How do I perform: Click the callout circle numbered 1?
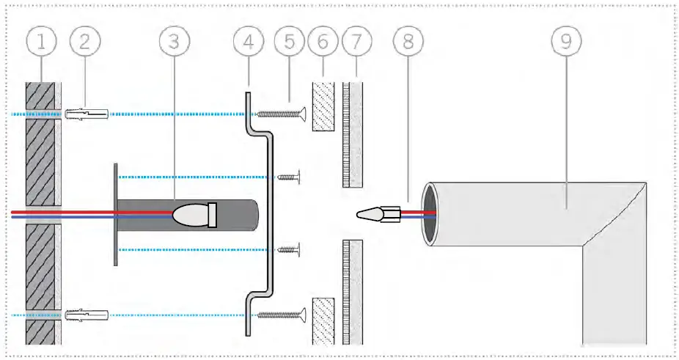tap(42, 42)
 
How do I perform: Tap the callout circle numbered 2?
tap(85, 42)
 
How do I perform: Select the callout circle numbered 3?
tap(173, 42)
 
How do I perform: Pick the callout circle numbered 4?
tap(249, 42)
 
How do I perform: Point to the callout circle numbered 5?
tap(289, 42)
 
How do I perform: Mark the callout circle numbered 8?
tap(408, 42)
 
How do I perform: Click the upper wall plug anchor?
tap(86, 114)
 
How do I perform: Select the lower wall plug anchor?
tap(86, 315)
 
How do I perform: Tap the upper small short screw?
tap(290, 176)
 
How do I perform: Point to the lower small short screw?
tap(290, 251)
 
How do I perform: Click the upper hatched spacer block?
tap(323, 107)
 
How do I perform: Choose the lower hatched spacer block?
tap(323, 320)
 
